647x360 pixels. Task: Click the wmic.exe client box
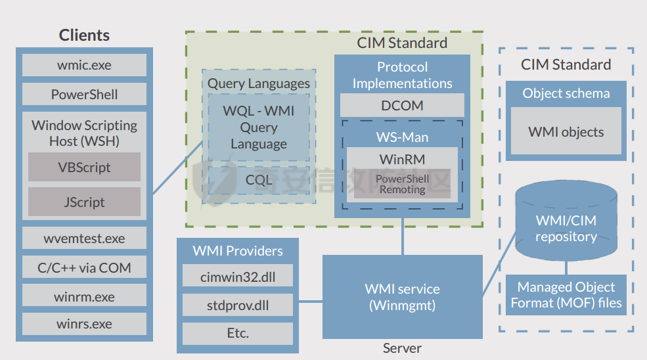point(84,65)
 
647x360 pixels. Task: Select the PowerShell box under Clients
point(84,94)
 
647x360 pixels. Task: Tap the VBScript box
point(84,167)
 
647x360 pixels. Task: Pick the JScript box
point(84,202)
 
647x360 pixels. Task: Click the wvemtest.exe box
point(84,238)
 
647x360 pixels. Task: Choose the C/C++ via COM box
point(84,267)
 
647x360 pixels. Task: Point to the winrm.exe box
point(84,297)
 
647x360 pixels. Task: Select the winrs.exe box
point(84,324)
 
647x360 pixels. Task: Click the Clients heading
point(84,35)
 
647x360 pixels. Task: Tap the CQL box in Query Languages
point(258,179)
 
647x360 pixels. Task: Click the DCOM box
point(402,105)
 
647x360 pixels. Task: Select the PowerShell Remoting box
point(402,185)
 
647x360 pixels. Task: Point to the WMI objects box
point(566,131)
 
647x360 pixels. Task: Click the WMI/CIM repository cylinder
point(566,223)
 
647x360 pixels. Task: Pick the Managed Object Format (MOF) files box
point(566,295)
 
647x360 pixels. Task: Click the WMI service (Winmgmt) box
point(402,297)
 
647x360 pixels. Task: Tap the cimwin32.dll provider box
point(238,277)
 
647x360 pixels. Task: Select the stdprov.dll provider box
point(238,305)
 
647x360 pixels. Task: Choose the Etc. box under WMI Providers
point(238,333)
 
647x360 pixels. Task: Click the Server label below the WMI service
point(402,348)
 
